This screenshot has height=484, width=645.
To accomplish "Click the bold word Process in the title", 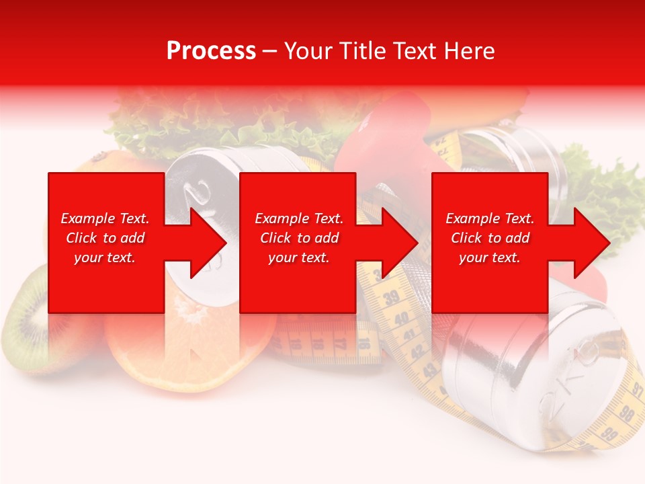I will [211, 51].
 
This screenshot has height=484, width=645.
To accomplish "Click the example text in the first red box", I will [105, 238].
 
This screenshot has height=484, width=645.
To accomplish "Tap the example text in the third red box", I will [490, 238].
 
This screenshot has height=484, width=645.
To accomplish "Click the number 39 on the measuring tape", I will [390, 296].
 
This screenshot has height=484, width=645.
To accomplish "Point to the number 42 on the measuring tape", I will [417, 350].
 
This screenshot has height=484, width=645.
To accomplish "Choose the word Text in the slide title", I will [413, 51].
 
